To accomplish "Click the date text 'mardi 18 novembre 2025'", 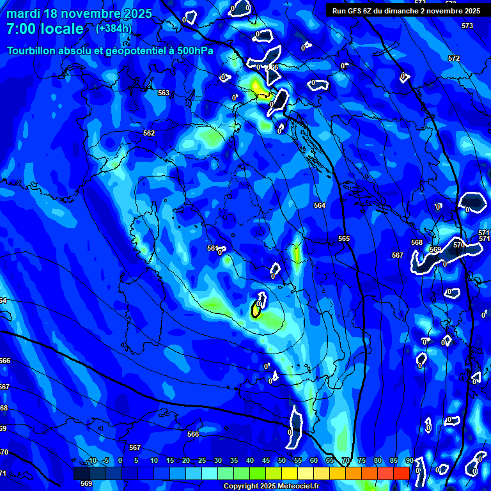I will [79, 13].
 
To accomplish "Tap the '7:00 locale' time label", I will [45, 29].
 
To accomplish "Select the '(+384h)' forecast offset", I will [114, 28].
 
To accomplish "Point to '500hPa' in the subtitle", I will [193, 51].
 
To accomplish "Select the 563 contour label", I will [164, 93].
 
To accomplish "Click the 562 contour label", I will [149, 133].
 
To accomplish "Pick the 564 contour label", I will [320, 205].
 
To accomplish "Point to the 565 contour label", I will [344, 238].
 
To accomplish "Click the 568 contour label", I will [417, 242].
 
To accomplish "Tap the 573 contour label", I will [467, 26].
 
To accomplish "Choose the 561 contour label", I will [212, 247].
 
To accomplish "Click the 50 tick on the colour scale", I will [282, 461].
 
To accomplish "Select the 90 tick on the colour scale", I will [409, 461].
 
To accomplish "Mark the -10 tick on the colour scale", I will [91, 461].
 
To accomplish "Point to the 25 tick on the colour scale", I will [202, 461].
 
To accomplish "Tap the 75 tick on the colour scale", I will [361, 461].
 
